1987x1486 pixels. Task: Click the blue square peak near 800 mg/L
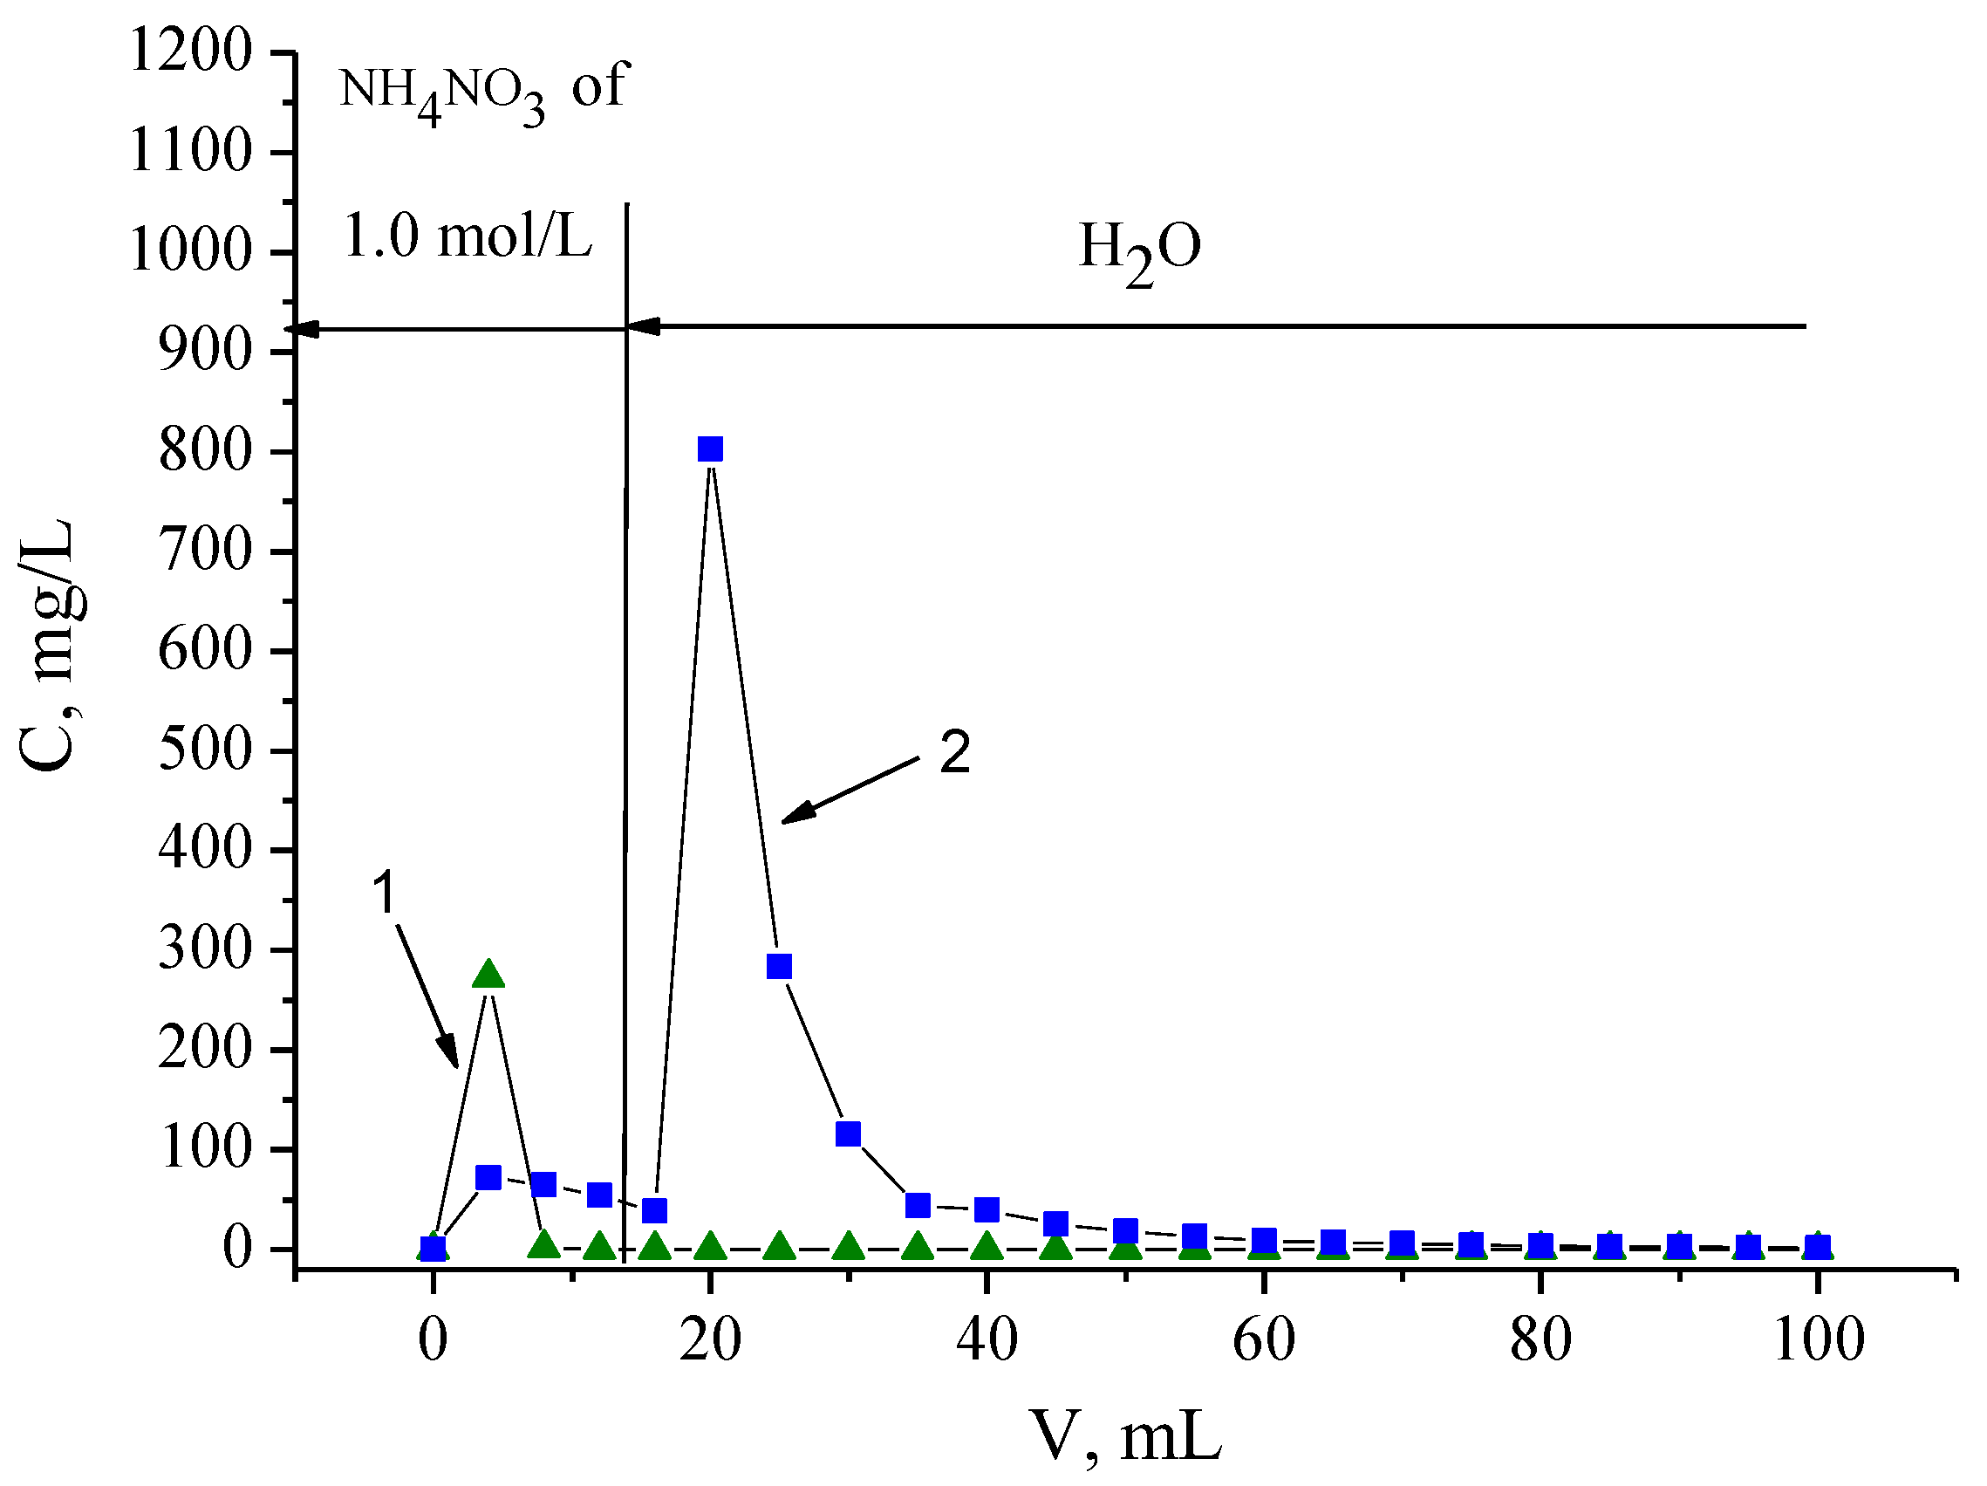[x=710, y=449]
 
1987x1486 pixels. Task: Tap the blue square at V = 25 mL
[x=779, y=967]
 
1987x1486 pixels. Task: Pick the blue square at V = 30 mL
[x=848, y=1133]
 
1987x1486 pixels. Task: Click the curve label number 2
[x=955, y=752]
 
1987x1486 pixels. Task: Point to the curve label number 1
[x=384, y=893]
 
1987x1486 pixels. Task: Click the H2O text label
[x=1139, y=249]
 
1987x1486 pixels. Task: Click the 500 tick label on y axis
[x=205, y=750]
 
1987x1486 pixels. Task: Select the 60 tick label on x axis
[x=1263, y=1340]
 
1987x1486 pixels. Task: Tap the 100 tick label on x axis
[x=1818, y=1340]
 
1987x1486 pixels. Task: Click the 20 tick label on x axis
[x=710, y=1340]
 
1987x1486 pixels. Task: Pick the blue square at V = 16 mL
[x=655, y=1210]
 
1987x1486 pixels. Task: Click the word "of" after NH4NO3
[x=597, y=87]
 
